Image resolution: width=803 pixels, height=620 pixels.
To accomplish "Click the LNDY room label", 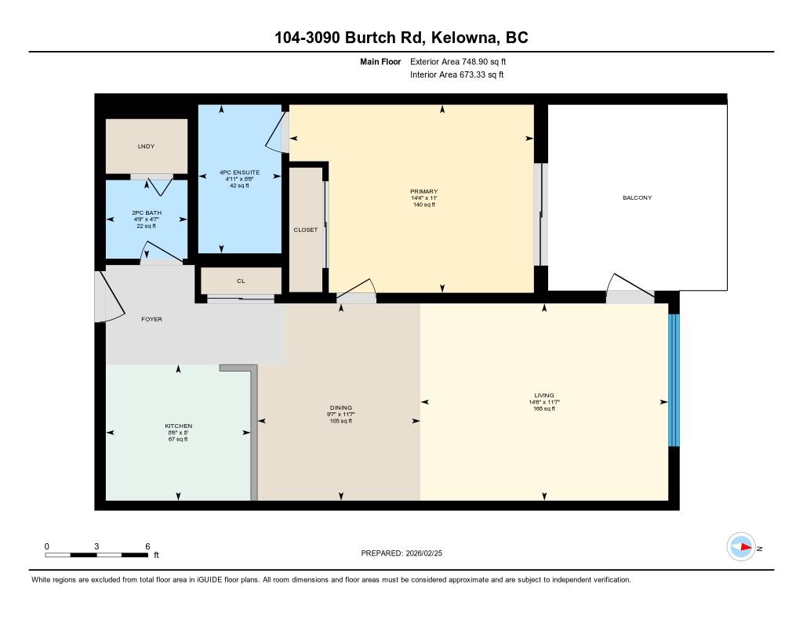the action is (x=146, y=147).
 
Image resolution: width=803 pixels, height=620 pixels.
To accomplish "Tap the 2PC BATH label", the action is (x=147, y=212).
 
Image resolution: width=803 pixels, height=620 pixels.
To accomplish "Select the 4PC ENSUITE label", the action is (x=239, y=172).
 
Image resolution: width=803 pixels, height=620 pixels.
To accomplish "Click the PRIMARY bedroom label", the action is (x=424, y=191).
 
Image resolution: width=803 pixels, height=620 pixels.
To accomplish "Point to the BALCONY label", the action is (x=637, y=198).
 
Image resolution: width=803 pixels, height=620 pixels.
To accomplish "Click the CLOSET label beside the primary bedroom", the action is (x=305, y=230).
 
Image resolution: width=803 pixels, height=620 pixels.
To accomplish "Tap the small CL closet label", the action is (x=241, y=281).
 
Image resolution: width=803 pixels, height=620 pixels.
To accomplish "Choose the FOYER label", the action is (x=151, y=319).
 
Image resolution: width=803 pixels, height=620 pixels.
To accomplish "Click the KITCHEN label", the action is (x=178, y=426).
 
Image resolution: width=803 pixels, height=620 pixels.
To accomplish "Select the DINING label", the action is (x=341, y=408).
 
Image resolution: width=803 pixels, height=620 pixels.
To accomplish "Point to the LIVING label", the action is (x=544, y=395).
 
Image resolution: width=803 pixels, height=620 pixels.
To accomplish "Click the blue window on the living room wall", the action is (x=674, y=380).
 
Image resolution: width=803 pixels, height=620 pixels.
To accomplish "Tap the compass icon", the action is (x=742, y=547).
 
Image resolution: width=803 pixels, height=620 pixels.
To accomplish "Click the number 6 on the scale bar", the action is (x=147, y=546).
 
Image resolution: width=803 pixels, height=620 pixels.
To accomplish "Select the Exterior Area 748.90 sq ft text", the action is (x=458, y=62).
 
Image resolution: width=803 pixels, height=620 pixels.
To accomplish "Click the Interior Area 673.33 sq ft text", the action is (x=457, y=74).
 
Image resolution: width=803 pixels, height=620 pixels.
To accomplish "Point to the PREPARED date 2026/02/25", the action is (x=423, y=553).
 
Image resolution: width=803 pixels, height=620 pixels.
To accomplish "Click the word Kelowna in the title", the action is (x=465, y=38).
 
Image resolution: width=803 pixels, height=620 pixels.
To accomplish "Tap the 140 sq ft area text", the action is (x=424, y=205).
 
